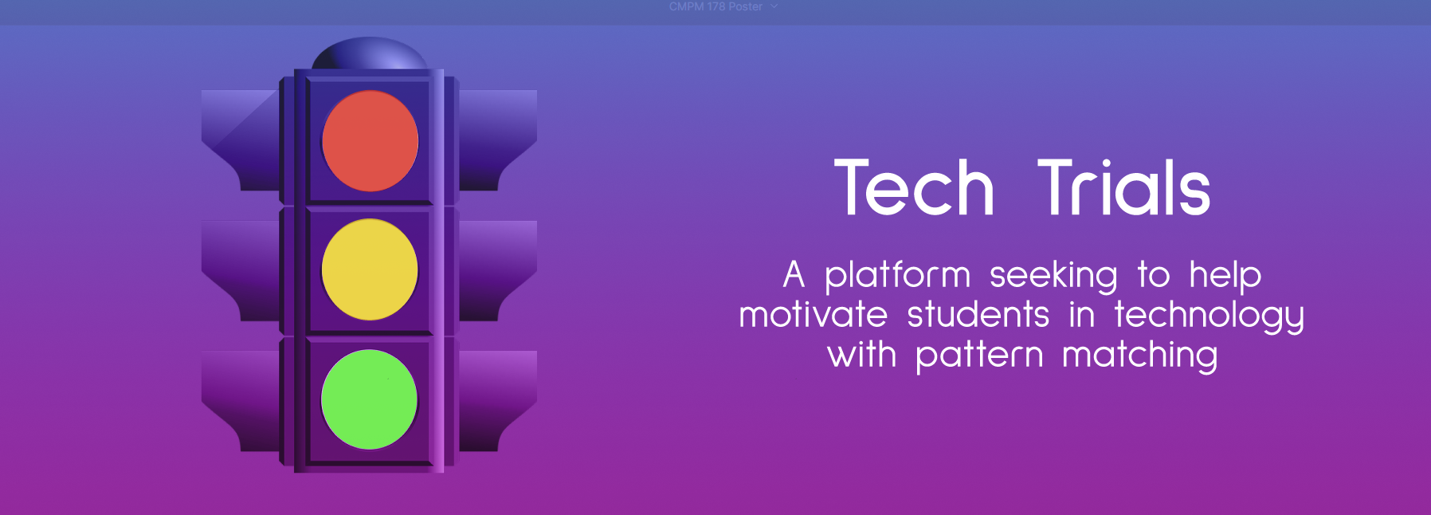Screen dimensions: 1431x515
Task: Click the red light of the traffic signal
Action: (x=370, y=141)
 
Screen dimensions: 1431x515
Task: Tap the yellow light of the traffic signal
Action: (x=370, y=269)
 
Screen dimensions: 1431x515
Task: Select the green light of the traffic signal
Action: (x=369, y=399)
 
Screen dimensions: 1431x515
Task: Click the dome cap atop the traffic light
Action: (x=370, y=54)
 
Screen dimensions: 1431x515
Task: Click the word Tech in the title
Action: (x=915, y=188)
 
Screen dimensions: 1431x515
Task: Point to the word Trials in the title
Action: (x=1123, y=188)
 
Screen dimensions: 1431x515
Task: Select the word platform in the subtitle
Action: (x=897, y=277)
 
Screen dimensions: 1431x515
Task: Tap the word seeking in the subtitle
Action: (x=1053, y=277)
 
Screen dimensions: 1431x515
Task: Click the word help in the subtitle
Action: (x=1225, y=277)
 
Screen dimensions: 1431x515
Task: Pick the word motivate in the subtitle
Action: (x=813, y=314)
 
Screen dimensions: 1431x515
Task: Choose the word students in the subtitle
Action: (x=978, y=314)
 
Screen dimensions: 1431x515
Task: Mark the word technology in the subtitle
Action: (x=1209, y=316)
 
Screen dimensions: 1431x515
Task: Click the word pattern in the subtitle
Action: (x=979, y=356)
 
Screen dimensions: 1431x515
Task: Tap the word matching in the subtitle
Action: (x=1140, y=356)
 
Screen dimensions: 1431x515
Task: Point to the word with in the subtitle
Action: (x=862, y=353)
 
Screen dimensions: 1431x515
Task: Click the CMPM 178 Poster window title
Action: (x=715, y=6)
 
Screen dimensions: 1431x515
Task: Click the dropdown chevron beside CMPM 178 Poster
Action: (x=774, y=6)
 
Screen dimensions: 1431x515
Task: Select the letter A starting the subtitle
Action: (x=794, y=275)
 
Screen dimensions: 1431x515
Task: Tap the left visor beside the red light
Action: (x=240, y=140)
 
